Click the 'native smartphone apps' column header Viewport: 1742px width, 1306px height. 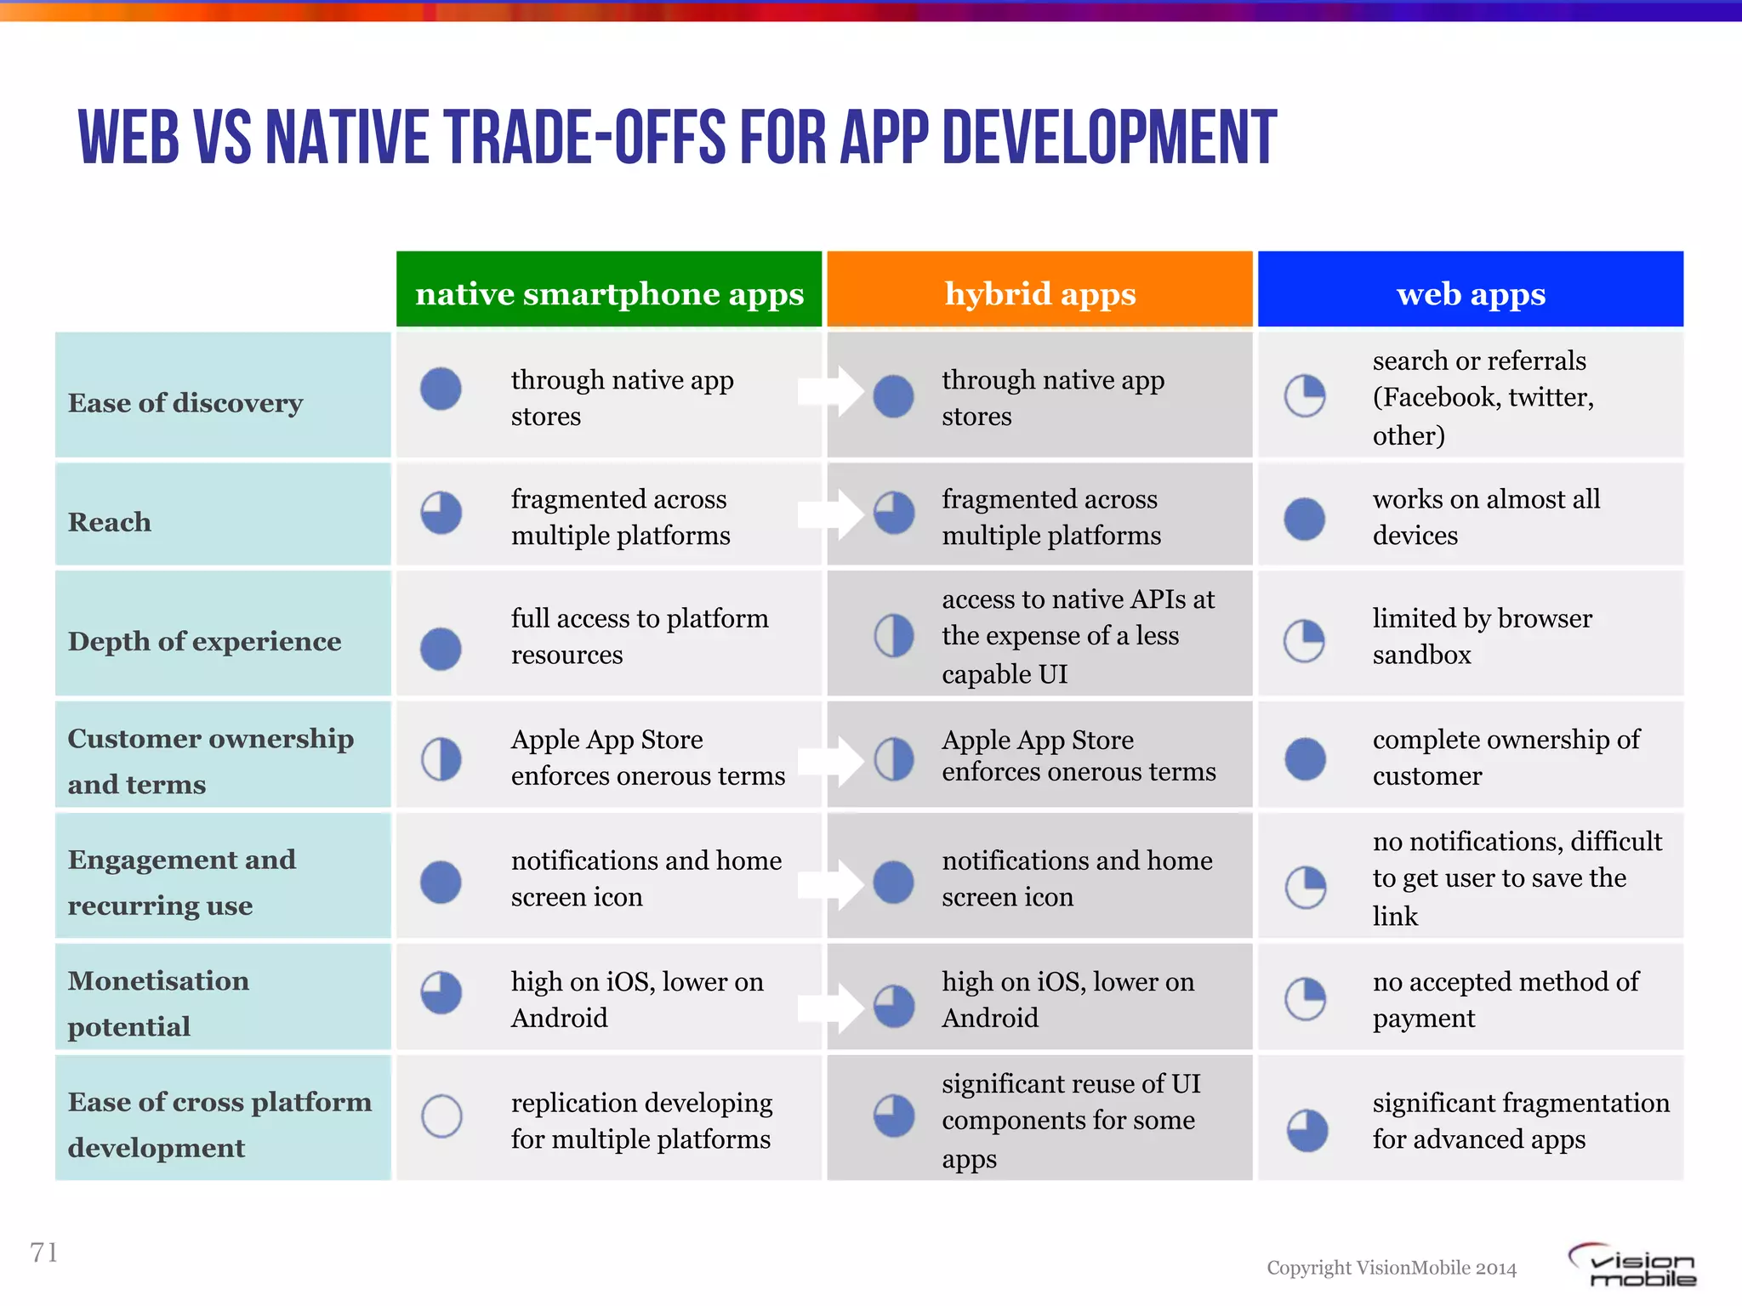(609, 293)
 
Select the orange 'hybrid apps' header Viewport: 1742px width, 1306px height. (1039, 293)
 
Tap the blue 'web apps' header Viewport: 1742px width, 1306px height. (1471, 293)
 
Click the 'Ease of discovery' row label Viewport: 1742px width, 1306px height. (185, 402)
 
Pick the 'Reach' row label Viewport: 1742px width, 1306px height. (110, 521)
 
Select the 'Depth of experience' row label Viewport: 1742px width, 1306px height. (204, 640)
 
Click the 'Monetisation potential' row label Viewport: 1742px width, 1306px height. (158, 1003)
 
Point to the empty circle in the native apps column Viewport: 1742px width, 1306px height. (441, 1116)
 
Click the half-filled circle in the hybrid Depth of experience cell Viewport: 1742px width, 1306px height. (894, 636)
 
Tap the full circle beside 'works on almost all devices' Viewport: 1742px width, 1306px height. (1304, 519)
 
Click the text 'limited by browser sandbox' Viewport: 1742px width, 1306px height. (1482, 636)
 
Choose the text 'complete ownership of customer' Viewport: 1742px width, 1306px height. (1506, 757)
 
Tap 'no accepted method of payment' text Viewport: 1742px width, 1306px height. (1506, 999)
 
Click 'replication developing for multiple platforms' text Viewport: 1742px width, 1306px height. (641, 1121)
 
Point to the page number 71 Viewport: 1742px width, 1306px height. (44, 1252)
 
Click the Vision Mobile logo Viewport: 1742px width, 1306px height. (1633, 1265)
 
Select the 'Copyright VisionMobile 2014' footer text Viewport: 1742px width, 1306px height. (1392, 1268)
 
